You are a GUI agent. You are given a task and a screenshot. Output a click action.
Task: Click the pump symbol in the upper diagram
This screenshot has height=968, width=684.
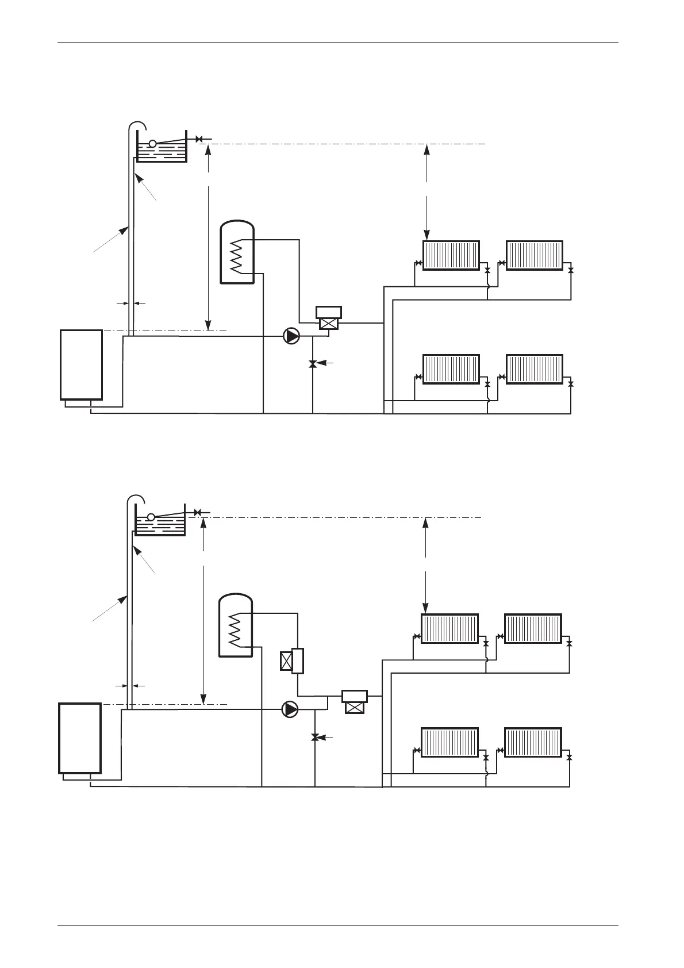click(x=292, y=336)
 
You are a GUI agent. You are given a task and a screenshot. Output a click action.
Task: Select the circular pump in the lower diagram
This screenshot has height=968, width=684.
click(x=291, y=709)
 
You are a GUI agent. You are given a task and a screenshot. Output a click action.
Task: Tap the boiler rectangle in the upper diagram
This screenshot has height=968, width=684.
click(x=82, y=364)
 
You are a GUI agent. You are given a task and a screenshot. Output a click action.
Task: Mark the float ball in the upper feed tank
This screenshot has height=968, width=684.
click(x=152, y=143)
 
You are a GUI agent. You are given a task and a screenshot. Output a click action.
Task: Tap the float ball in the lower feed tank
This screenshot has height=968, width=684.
click(x=151, y=517)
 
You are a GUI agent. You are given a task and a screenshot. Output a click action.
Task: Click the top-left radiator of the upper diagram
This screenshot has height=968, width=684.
click(x=451, y=255)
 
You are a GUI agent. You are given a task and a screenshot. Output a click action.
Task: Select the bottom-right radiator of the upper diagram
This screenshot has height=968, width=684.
click(x=534, y=369)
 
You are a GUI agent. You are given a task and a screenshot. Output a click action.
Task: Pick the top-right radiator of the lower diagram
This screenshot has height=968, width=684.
click(x=533, y=628)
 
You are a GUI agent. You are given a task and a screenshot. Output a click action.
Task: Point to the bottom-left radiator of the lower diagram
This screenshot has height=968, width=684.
click(x=449, y=742)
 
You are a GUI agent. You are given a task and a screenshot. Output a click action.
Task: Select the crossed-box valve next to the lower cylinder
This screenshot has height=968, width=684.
click(x=286, y=661)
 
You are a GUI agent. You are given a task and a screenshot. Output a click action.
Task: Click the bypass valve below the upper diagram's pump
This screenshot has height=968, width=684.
click(x=313, y=364)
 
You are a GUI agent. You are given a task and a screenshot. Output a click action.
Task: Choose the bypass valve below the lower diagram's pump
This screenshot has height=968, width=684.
click(x=315, y=737)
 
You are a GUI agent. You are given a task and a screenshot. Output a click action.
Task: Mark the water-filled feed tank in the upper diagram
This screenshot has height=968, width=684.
click(x=162, y=151)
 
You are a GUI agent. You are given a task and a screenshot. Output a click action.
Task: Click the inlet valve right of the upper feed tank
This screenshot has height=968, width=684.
click(x=199, y=139)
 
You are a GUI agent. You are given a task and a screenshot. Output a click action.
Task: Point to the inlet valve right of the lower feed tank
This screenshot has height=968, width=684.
click(x=197, y=512)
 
